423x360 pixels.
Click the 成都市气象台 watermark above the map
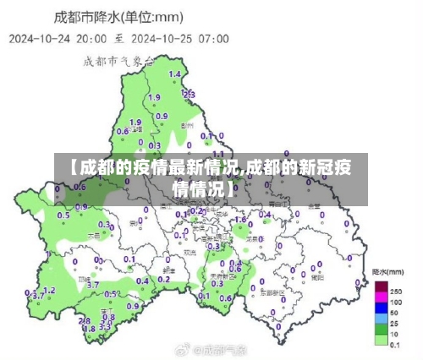click(118, 60)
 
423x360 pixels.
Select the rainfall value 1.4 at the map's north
click(175, 75)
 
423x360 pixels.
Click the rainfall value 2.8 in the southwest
click(84, 319)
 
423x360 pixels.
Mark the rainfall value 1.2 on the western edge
click(49, 290)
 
